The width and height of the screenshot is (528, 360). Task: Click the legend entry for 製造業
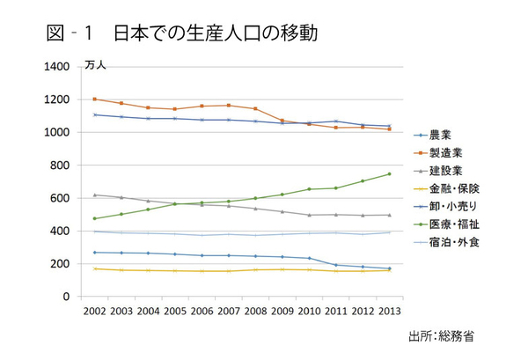(x=444, y=152)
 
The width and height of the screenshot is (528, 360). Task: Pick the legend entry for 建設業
(x=444, y=170)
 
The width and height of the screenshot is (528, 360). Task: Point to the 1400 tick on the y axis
(x=57, y=66)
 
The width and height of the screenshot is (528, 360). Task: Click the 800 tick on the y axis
(x=61, y=165)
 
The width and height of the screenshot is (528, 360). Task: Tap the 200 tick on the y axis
(x=61, y=264)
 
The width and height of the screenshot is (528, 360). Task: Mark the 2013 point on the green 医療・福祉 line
(x=389, y=173)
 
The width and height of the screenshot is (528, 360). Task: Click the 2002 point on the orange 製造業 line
(x=94, y=99)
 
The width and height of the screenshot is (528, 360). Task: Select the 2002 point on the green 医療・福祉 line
(x=94, y=218)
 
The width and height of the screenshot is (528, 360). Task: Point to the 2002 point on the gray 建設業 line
(x=94, y=195)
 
